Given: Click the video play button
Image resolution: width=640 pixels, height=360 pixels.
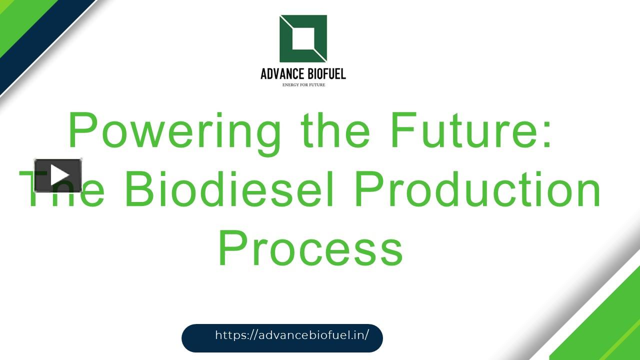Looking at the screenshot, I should click(x=58, y=175).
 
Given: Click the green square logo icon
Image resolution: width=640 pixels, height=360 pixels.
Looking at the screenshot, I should click(x=303, y=39).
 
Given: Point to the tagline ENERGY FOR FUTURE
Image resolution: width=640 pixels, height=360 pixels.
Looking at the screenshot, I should click(x=303, y=85).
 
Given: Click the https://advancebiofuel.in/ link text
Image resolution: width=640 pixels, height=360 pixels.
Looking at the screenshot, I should click(x=292, y=335).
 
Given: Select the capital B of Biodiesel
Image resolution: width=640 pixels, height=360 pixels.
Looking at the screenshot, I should click(x=137, y=190).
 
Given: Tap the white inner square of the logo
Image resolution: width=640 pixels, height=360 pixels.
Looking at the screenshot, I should click(x=303, y=38).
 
